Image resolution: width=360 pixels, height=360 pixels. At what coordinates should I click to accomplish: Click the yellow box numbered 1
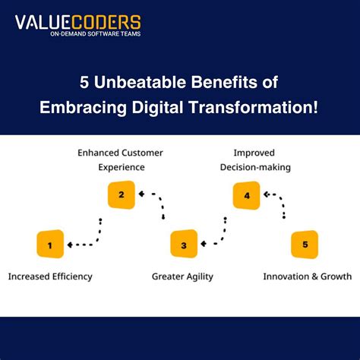click(49, 245)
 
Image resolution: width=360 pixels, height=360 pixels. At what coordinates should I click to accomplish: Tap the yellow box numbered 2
click(121, 194)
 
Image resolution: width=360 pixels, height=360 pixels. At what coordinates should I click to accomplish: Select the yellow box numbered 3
click(184, 245)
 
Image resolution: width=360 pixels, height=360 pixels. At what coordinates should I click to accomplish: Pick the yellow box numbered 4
click(246, 195)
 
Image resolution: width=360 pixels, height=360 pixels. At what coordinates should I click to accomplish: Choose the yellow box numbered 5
click(305, 245)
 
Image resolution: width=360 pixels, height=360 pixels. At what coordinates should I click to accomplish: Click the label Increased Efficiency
click(50, 276)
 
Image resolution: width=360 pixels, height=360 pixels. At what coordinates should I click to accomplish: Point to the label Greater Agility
click(182, 276)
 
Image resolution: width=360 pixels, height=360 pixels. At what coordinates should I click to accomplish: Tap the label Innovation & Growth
click(308, 276)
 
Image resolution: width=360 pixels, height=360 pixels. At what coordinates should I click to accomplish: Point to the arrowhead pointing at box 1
click(70, 245)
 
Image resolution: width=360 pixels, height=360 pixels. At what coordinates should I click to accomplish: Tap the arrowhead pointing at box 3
click(204, 245)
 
